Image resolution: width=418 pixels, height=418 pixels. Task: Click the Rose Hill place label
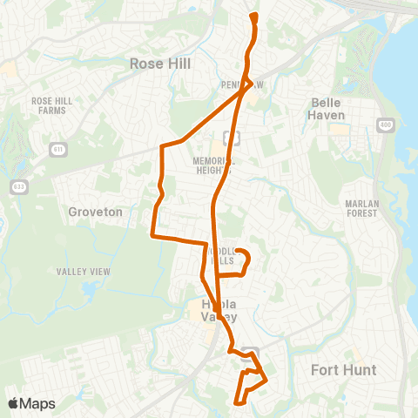159,64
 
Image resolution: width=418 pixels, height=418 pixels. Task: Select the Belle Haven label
328,108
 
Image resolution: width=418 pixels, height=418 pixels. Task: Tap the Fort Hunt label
344,370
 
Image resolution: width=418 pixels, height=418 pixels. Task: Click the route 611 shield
57,149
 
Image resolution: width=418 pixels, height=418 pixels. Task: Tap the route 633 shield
18,186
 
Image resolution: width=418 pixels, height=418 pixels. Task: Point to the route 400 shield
384,126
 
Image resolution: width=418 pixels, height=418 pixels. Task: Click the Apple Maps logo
31,403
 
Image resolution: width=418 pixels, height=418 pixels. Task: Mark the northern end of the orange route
253,16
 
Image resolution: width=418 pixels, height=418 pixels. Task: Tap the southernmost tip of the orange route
237,402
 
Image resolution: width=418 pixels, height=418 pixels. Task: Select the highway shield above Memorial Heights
230,137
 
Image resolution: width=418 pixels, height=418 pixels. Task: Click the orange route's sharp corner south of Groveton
153,235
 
